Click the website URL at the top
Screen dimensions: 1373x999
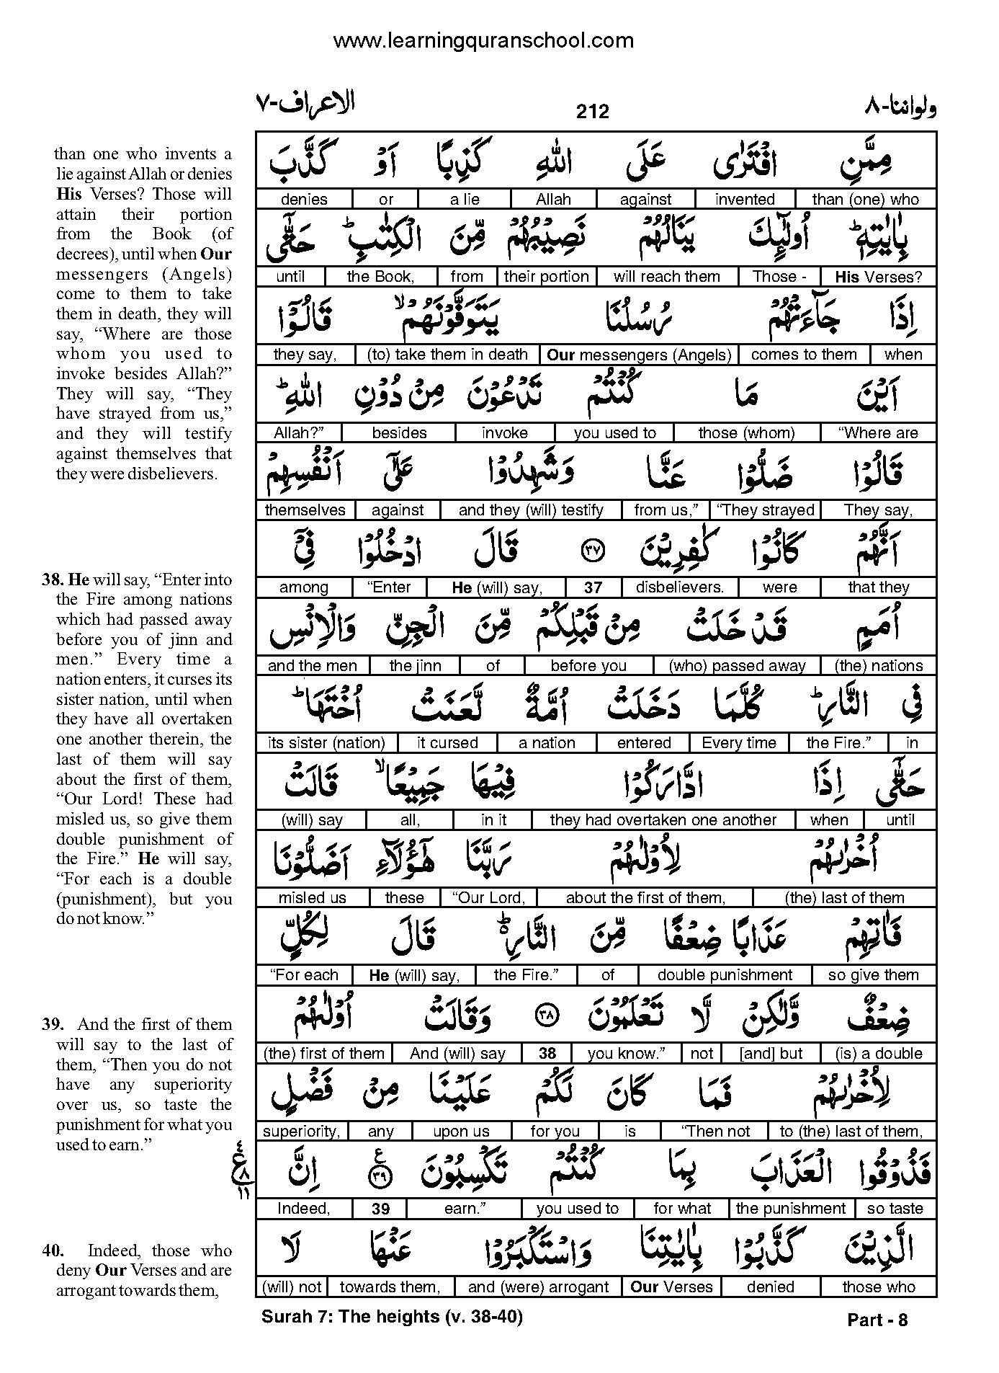(x=483, y=40)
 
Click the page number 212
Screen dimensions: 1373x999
(x=592, y=111)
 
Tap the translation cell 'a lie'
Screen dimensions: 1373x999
(x=465, y=200)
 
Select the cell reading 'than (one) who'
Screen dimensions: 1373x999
(x=865, y=200)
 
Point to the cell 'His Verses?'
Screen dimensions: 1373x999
(x=878, y=277)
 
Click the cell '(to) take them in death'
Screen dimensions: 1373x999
(x=447, y=355)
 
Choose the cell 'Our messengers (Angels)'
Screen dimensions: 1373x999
(x=639, y=355)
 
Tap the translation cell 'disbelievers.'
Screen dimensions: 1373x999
(x=679, y=587)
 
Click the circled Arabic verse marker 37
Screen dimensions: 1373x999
(x=592, y=551)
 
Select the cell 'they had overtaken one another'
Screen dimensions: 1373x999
(x=663, y=820)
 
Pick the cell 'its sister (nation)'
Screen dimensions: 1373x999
(x=326, y=743)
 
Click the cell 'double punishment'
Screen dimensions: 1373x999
(x=724, y=975)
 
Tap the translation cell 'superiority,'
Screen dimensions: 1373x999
(x=301, y=1132)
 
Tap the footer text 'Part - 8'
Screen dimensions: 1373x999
(x=877, y=1320)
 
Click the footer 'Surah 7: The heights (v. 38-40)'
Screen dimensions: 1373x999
(x=392, y=1317)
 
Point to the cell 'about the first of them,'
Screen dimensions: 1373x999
(x=645, y=898)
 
